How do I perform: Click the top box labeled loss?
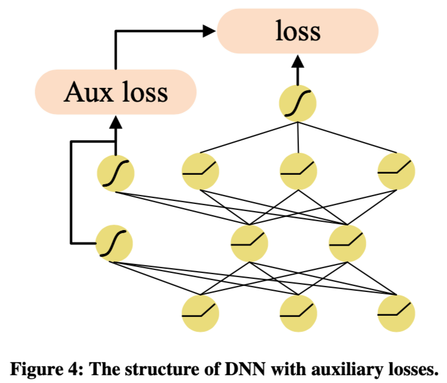pyautogui.click(x=298, y=32)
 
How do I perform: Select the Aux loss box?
pyautogui.click(x=116, y=92)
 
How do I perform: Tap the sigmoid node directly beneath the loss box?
pyautogui.click(x=298, y=105)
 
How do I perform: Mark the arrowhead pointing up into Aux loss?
pyautogui.click(x=116, y=121)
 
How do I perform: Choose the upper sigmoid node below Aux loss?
pyautogui.click(x=116, y=172)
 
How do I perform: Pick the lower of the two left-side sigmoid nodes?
pyautogui.click(x=114, y=243)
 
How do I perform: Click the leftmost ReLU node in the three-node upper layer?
pyautogui.click(x=200, y=172)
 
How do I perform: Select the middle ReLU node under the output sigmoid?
pyautogui.click(x=298, y=172)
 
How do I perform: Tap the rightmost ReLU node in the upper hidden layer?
pyautogui.click(x=396, y=172)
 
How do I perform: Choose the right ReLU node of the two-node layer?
pyautogui.click(x=347, y=243)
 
